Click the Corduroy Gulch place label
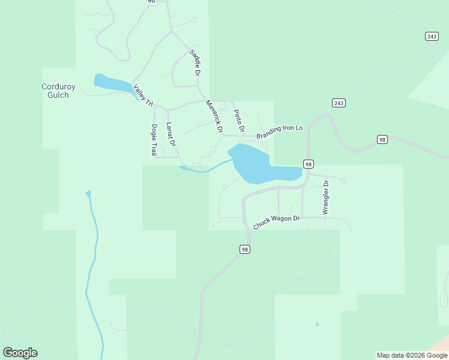tap(59, 91)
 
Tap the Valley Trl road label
tap(143, 95)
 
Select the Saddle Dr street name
tap(194, 62)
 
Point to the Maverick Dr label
tap(214, 116)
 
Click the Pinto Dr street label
tap(239, 121)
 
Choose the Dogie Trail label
tap(154, 140)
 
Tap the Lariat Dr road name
tap(170, 134)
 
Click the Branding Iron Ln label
tap(279, 132)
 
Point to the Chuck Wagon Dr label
tap(276, 222)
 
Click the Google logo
tap(20, 353)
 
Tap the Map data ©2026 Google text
tap(412, 355)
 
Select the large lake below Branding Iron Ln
tap(255, 165)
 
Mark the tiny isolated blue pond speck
tap(317, 325)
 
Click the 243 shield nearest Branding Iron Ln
tap(339, 103)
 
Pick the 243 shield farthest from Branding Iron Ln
tap(431, 37)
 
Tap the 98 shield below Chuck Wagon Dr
tap(244, 249)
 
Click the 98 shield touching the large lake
tap(308, 164)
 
